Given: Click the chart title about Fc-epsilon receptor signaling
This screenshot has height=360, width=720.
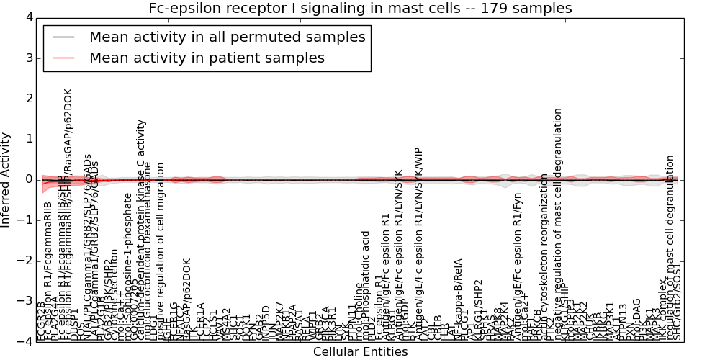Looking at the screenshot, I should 360,8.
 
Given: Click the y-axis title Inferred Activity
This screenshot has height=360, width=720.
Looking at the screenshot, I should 6,179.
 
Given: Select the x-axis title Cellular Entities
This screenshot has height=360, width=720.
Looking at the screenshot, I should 360,352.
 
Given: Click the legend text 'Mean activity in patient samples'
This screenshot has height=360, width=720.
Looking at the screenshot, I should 207,58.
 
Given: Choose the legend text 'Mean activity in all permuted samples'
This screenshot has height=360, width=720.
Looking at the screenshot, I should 227,37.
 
